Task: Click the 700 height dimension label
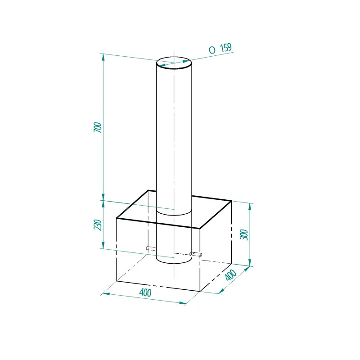pyautogui.click(x=98, y=127)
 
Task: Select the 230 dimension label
pyautogui.click(x=98, y=225)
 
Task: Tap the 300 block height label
pyautogui.click(x=244, y=234)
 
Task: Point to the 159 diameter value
pyautogui.click(x=226, y=48)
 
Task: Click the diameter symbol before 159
pyautogui.click(x=212, y=50)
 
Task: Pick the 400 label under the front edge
pyautogui.click(x=145, y=292)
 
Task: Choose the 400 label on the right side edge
pyautogui.click(x=230, y=275)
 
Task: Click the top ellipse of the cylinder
pyautogui.click(x=174, y=57)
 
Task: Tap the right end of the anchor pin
pyautogui.click(x=201, y=255)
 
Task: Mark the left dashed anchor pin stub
pyautogui.click(x=151, y=248)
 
